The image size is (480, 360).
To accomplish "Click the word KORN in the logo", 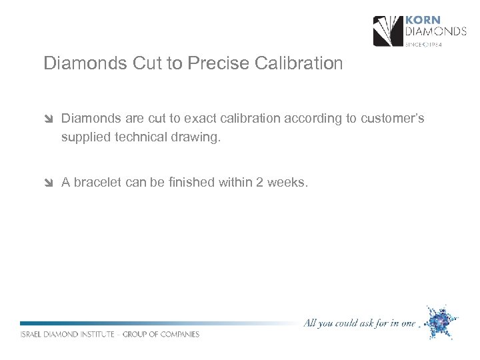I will click(423, 20).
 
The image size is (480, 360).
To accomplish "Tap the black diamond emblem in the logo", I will click(387, 31).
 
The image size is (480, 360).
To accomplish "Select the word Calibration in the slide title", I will click(299, 64).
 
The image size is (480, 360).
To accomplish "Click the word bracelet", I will click(98, 183).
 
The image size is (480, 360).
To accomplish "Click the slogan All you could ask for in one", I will click(359, 324).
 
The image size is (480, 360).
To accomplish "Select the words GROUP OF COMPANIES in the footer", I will click(162, 335).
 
